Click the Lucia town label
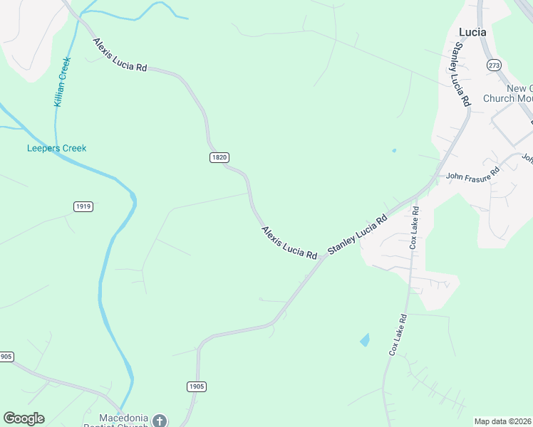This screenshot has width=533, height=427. [473, 32]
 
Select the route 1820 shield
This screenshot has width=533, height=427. [219, 157]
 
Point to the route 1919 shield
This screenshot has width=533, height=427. [83, 206]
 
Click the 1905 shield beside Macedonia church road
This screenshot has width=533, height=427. [197, 386]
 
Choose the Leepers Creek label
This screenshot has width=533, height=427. [56, 148]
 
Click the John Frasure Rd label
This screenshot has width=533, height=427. [473, 173]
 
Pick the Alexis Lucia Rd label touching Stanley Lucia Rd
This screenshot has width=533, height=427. [289, 242]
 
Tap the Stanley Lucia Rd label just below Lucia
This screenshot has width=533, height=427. [458, 74]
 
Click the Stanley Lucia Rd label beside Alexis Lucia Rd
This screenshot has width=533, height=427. [357, 234]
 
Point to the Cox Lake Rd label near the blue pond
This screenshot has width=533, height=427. [398, 334]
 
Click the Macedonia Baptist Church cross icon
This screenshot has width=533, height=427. [160, 421]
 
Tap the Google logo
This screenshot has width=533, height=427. [24, 418]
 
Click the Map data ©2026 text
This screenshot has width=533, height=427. [502, 421]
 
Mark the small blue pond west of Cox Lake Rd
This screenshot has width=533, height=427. [365, 340]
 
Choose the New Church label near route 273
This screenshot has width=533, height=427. [508, 93]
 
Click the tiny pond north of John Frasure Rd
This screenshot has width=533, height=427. [393, 150]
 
